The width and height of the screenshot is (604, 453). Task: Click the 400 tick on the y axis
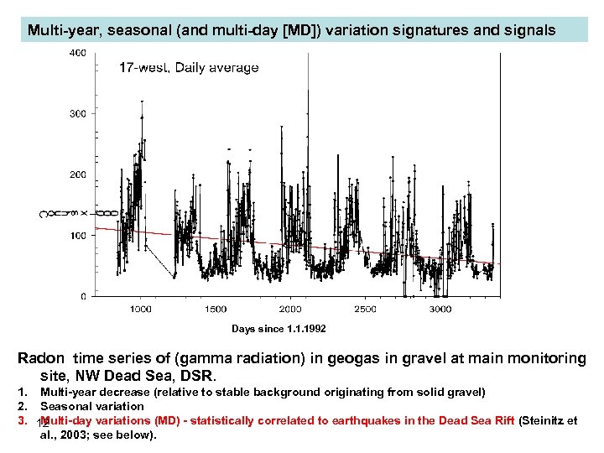[76, 53]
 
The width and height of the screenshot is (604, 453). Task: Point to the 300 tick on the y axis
[76, 113]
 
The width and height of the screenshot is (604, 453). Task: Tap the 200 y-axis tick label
[76, 174]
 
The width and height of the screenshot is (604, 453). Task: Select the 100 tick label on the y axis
[76, 236]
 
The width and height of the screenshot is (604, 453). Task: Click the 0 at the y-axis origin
[82, 296]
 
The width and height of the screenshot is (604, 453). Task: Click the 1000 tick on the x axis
[140, 310]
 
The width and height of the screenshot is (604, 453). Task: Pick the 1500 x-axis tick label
[216, 310]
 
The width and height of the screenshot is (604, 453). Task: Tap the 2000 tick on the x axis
[290, 310]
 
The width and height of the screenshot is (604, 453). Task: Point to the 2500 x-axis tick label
[365, 310]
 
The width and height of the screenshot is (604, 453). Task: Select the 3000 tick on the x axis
[440, 310]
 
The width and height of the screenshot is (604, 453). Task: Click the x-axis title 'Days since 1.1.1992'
[279, 329]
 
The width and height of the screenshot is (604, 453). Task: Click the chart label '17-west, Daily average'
[188, 68]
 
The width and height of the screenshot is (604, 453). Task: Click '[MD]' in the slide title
[301, 30]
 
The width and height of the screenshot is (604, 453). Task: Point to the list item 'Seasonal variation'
[92, 406]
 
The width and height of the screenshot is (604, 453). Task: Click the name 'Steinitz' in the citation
[545, 420]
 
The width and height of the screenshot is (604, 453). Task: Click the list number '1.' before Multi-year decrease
[24, 392]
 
